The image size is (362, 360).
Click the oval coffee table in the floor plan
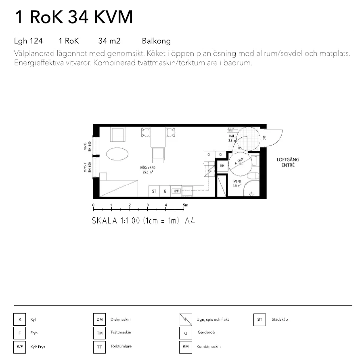click(x=118, y=154)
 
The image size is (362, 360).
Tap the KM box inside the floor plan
click(x=222, y=166)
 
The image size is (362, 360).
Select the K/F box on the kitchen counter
click(x=176, y=191)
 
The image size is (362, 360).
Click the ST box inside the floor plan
click(x=154, y=191)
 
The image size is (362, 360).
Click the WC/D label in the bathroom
click(x=237, y=183)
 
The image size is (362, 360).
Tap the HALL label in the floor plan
click(x=232, y=138)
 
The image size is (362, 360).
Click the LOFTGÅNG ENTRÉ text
click(x=288, y=162)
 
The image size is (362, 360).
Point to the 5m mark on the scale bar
click(x=185, y=205)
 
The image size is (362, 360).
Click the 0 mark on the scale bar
click(x=93, y=205)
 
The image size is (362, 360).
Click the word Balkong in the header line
click(x=156, y=41)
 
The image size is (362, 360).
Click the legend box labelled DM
click(x=99, y=320)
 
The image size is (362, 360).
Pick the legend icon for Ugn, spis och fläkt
click(x=185, y=320)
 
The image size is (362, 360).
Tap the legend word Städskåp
click(x=280, y=320)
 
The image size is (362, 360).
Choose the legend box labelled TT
click(x=99, y=347)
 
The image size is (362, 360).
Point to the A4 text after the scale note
click(x=190, y=221)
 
